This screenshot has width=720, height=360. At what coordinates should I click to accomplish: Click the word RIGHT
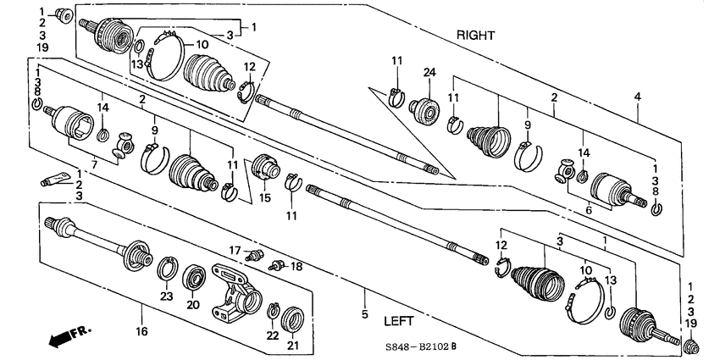point(475,36)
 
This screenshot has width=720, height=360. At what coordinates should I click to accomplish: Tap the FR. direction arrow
point(68,336)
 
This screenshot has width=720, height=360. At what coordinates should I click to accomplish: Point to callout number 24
point(429,73)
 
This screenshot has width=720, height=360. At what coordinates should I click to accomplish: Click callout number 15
point(264,199)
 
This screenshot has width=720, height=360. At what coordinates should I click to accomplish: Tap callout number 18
point(296,266)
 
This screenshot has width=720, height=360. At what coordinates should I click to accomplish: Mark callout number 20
point(193,305)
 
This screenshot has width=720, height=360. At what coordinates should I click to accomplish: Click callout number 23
point(166,296)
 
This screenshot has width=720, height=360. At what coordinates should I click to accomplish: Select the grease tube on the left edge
point(52,179)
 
